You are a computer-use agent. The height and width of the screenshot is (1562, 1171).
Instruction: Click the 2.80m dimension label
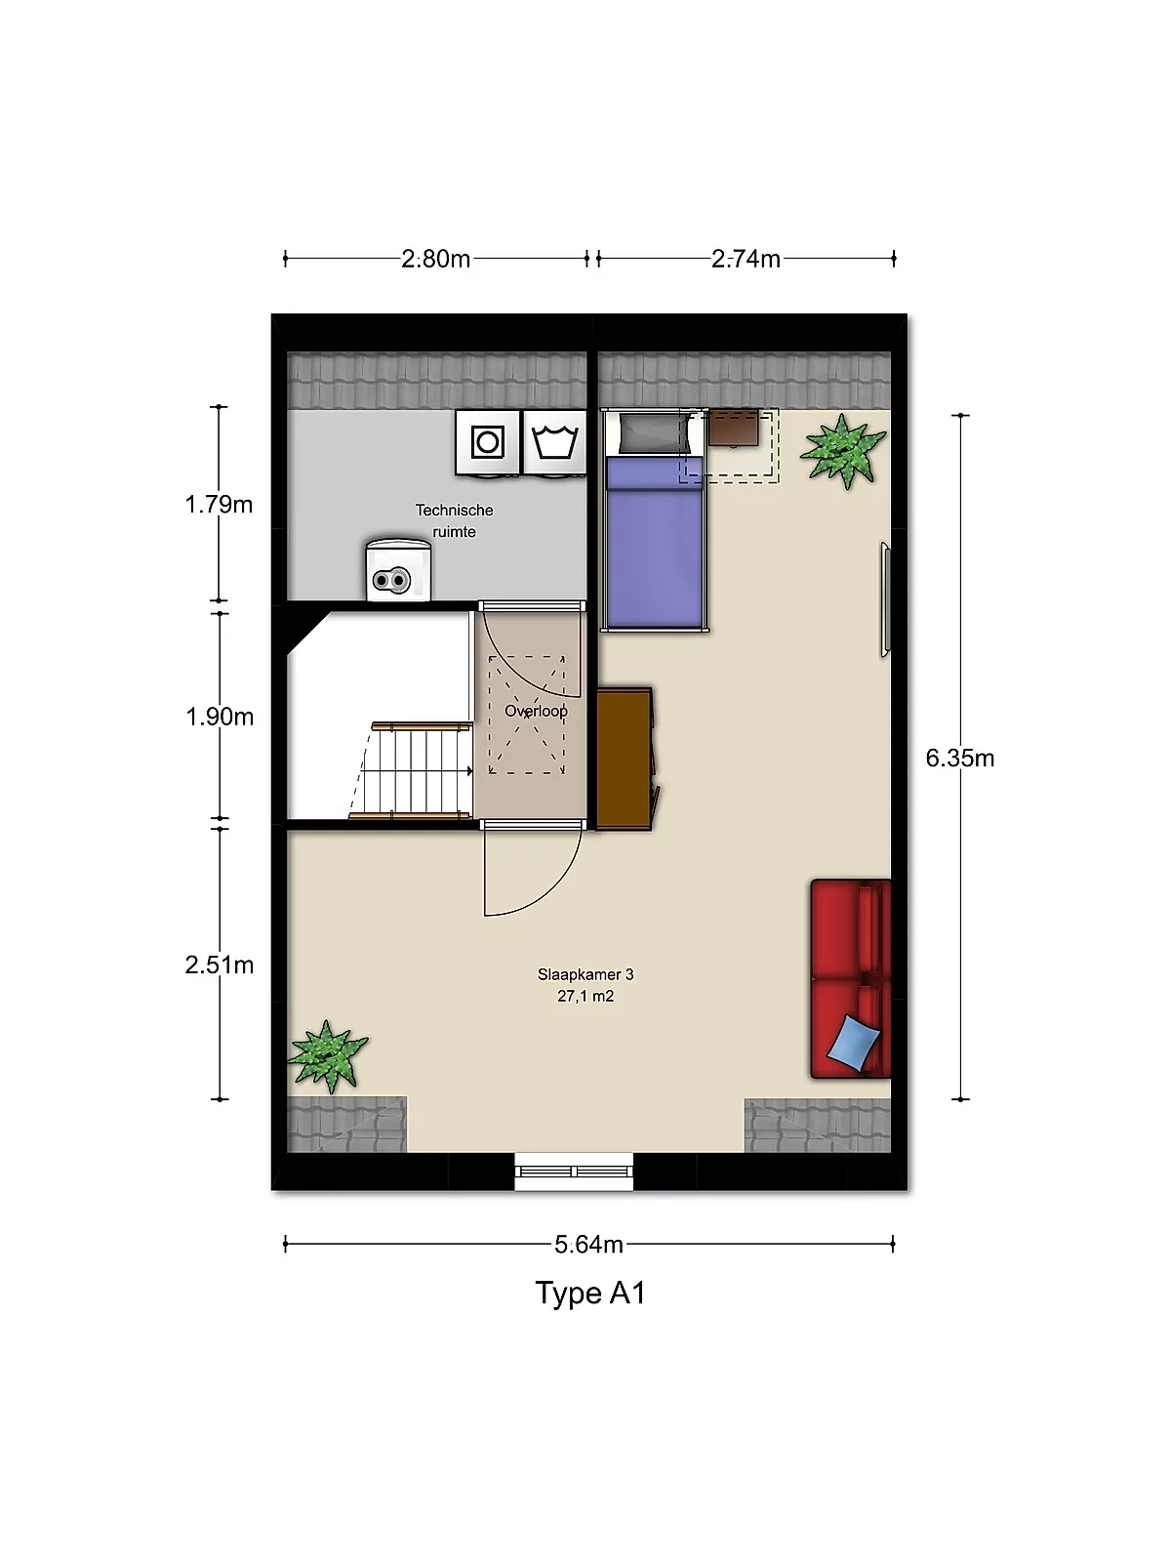coord(435,259)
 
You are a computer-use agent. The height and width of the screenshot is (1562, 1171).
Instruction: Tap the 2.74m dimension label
coord(746,259)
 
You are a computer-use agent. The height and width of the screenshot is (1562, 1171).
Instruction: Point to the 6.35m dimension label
coord(960,759)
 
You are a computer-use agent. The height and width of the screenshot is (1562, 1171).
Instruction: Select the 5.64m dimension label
coord(588,1245)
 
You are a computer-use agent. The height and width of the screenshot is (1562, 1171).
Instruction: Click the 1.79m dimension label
coord(219,505)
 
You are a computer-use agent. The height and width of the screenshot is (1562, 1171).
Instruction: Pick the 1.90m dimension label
coord(220,717)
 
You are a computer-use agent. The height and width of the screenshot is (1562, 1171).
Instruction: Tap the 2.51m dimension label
coord(220,965)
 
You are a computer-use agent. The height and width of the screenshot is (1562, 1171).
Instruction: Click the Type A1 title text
coord(590,1294)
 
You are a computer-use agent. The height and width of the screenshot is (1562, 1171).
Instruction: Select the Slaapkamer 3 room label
coord(585,975)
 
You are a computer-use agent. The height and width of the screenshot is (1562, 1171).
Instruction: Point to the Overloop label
coord(536,711)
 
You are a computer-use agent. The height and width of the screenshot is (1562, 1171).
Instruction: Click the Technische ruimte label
coord(455,521)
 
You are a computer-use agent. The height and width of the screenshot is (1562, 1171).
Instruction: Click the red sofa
coord(851,979)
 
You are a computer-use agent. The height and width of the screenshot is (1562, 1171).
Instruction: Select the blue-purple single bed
coord(654,520)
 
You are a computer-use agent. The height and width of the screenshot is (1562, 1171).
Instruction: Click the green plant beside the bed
coord(843,451)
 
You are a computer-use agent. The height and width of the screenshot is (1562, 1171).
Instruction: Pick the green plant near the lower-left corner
coord(328,1056)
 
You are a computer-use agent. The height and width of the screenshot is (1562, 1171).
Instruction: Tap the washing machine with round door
coord(488,442)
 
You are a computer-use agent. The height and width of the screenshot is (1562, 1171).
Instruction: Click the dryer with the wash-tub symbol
coord(554,442)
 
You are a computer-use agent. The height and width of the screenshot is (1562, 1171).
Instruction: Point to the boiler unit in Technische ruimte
coord(398,570)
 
